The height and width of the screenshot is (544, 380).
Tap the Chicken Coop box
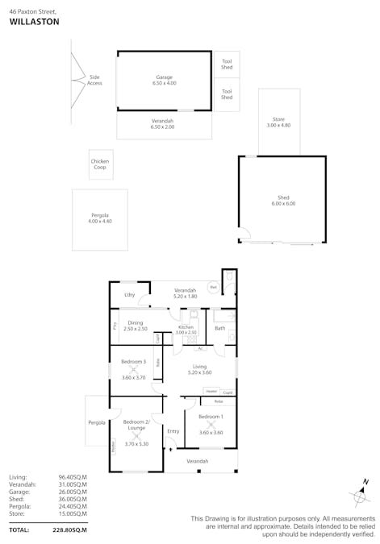tap(100, 164)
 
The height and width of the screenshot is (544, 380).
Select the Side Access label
tap(94, 80)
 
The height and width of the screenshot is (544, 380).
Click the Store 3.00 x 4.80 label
tap(278, 123)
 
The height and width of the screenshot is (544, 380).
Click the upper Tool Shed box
tap(227, 64)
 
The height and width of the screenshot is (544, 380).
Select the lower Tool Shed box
tap(227, 94)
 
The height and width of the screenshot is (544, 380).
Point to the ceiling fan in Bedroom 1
tap(211, 425)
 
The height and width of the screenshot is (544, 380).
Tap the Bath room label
tap(220, 328)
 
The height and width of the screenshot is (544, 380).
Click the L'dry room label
tap(129, 295)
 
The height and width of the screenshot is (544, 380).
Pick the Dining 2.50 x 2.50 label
tap(136, 326)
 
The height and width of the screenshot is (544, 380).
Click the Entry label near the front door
tap(173, 431)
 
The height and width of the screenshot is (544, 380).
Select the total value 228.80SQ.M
tap(69, 529)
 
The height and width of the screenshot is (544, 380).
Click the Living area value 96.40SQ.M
tap(72, 477)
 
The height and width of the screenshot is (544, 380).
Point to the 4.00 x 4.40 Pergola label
tap(100, 218)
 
